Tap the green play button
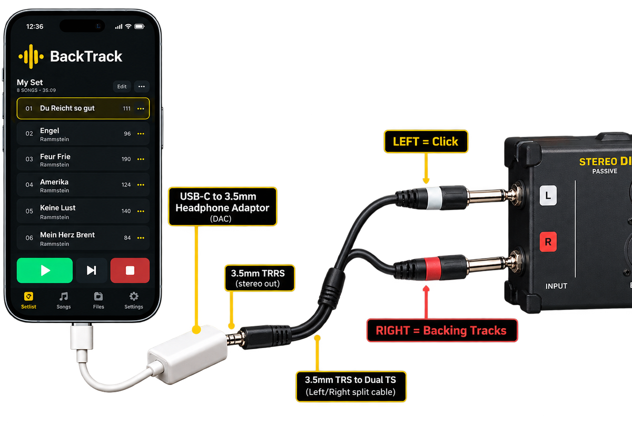coord(45,270)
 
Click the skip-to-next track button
coord(92,270)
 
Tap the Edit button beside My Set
coord(122,86)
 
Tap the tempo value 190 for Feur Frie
coord(126,159)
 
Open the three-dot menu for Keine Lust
coord(141,211)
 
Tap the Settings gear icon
coord(134,296)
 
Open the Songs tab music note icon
coord(64,296)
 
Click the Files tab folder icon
coord(98,296)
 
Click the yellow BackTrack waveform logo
coord(31,56)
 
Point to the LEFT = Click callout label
coord(426,141)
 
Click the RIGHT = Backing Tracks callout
coord(442,330)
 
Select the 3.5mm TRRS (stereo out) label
coord(260,278)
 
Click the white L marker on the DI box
coord(548,195)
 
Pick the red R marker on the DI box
coord(548,242)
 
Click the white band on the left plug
coord(433,198)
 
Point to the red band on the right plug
coord(432,268)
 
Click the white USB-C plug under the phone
coord(82,337)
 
